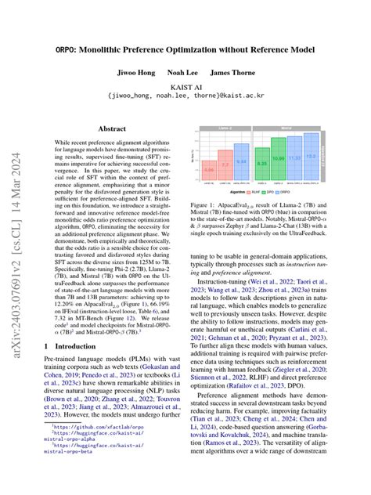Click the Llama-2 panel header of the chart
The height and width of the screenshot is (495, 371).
[x=225, y=124]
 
